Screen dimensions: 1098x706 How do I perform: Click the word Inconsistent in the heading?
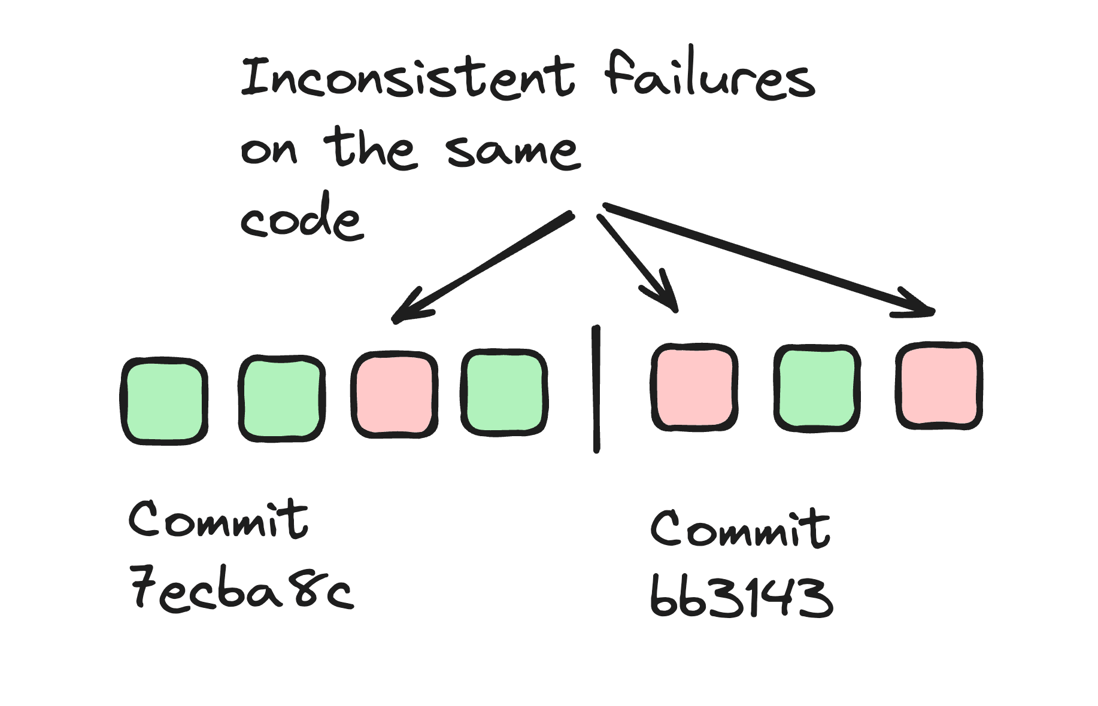(408, 77)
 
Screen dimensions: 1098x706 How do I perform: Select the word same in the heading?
(513, 150)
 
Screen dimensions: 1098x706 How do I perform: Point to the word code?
(302, 217)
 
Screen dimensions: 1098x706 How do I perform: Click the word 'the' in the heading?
(369, 147)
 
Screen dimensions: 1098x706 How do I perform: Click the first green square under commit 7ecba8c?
(165, 401)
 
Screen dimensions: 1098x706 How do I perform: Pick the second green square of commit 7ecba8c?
(281, 398)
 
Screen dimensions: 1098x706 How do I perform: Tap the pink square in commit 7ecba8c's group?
(395, 395)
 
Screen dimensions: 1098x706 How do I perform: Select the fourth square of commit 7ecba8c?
(504, 392)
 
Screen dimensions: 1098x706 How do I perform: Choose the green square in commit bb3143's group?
(817, 388)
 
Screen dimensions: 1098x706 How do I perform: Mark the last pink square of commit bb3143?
(939, 385)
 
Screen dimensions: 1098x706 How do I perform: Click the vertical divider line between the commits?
(596, 389)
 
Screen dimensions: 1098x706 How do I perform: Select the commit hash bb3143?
(742, 597)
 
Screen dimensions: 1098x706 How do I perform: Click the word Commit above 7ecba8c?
(219, 519)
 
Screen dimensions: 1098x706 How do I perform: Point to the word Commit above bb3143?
(741, 528)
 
